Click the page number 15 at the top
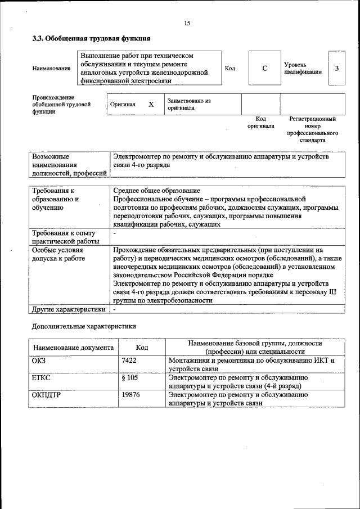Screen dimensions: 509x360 [187, 23]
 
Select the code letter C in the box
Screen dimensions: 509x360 [264, 68]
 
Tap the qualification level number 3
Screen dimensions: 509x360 [336, 68]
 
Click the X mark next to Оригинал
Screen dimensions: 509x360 [151, 104]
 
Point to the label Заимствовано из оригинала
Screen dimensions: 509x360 [188, 104]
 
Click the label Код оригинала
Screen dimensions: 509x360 [260, 123]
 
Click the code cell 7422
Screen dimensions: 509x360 [129, 361]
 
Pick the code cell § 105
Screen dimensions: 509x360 [129, 378]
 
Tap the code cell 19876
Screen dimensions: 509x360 [130, 395]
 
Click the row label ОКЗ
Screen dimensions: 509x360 [39, 361]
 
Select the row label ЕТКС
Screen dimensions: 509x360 [42, 378]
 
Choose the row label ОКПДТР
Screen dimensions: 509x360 [46, 395]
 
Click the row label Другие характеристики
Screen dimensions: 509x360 [69, 309]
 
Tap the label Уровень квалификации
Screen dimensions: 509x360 [303, 68]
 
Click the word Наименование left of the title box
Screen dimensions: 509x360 [51, 69]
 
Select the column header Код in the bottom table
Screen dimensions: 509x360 [142, 348]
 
